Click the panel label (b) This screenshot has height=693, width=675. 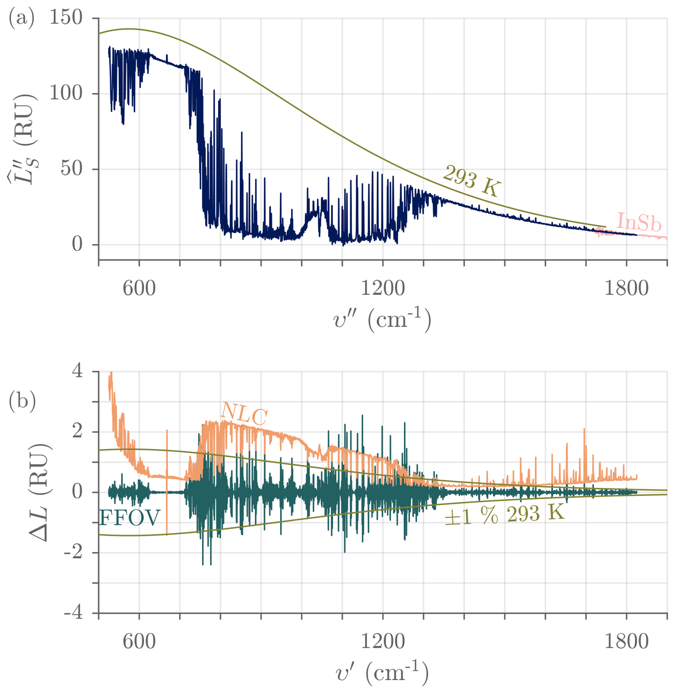pyautogui.click(x=22, y=400)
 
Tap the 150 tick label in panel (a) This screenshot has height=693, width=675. pyautogui.click(x=66, y=17)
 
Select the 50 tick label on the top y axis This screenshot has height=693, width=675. pyautogui.click(x=71, y=169)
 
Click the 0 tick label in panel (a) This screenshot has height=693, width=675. pyautogui.click(x=77, y=245)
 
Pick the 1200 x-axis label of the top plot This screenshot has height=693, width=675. pyautogui.click(x=382, y=288)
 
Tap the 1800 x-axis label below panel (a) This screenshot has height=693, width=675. pyautogui.click(x=626, y=288)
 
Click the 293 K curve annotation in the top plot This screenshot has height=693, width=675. pyautogui.click(x=472, y=181)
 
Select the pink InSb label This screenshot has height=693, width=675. pyautogui.click(x=639, y=222)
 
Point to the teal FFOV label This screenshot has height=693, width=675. pyautogui.click(x=130, y=518)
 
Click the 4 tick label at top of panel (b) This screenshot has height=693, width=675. pyautogui.click(x=77, y=371)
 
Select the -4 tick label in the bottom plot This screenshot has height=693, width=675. pyautogui.click(x=73, y=613)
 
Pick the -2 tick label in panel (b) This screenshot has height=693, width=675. pyautogui.click(x=73, y=553)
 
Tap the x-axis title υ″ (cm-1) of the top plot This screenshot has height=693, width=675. pyautogui.click(x=382, y=319)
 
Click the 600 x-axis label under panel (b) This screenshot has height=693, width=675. pyautogui.click(x=139, y=642)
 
